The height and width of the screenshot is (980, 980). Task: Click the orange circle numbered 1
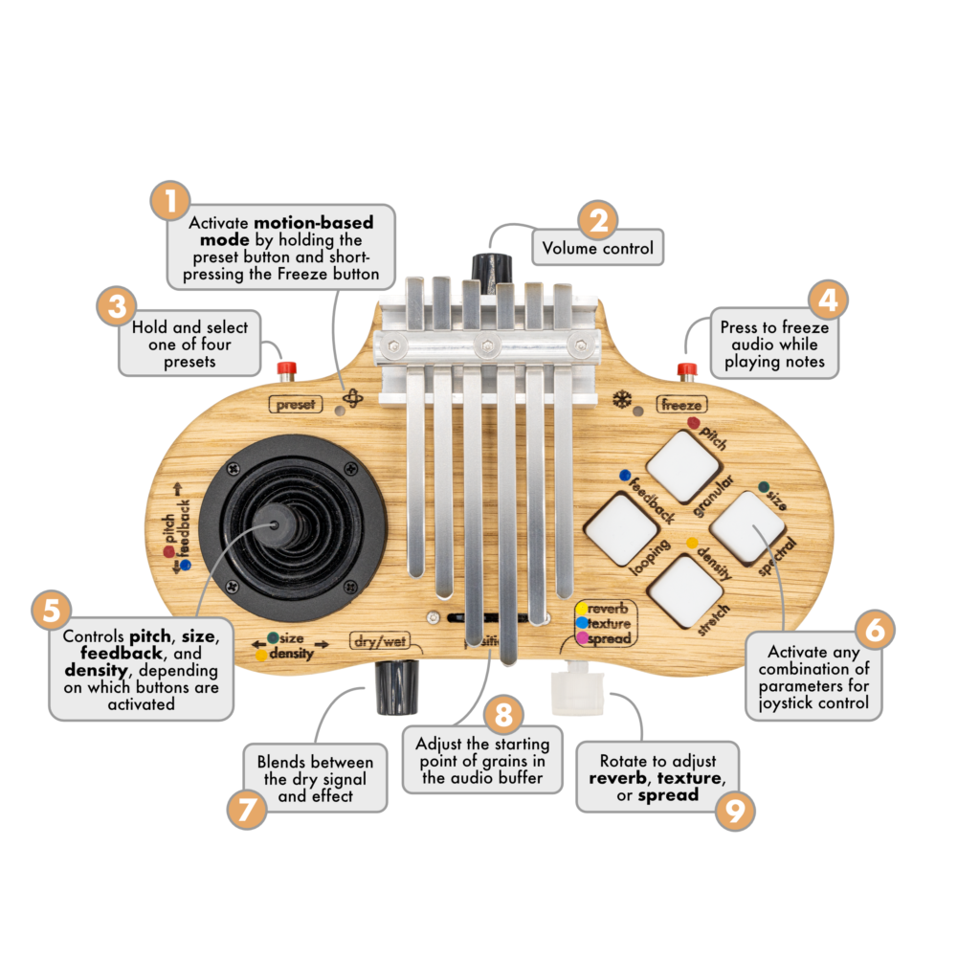(x=170, y=201)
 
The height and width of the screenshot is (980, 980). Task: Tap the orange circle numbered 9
(x=734, y=811)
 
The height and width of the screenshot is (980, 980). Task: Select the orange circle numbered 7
(x=247, y=809)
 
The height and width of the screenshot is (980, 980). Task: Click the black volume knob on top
(x=491, y=269)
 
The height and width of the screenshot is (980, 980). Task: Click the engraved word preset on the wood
(x=296, y=405)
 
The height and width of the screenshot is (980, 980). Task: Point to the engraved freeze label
(x=681, y=405)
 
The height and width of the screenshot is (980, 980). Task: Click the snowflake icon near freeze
(x=622, y=399)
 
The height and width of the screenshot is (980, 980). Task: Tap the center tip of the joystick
(x=274, y=524)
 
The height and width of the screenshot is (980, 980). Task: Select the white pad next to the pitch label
(x=682, y=466)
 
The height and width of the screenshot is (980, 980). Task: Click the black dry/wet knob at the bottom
(x=396, y=687)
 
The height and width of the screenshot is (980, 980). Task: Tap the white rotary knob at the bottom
(x=577, y=690)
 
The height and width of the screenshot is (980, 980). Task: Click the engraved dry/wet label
(x=381, y=641)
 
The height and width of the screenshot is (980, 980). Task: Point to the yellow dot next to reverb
(x=582, y=608)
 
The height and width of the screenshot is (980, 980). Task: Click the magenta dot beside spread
(x=583, y=638)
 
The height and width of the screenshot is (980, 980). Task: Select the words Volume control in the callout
(x=597, y=248)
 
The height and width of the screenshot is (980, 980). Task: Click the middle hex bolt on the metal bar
(x=487, y=345)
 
